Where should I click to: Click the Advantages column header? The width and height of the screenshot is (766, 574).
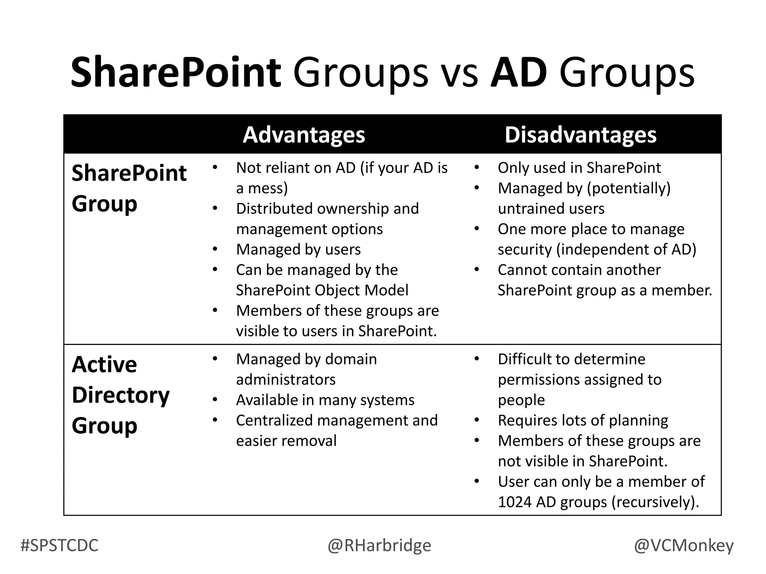coord(304,135)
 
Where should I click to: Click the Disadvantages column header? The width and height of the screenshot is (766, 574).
coord(580,135)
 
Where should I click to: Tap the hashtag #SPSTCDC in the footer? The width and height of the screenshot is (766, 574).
coord(59,546)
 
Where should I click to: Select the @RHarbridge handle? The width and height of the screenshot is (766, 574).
coord(379,546)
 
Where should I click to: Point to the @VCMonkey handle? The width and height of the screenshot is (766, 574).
coord(683,546)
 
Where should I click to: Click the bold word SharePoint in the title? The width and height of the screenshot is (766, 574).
coord(176,72)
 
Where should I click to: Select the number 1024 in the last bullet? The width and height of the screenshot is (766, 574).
coord(514,502)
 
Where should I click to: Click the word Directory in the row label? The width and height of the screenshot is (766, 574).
coord(120,395)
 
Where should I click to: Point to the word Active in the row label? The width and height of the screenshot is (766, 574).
coord(104,364)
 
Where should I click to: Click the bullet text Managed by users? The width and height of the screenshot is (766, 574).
coord(298,250)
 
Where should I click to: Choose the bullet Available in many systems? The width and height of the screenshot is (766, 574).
coord(325,400)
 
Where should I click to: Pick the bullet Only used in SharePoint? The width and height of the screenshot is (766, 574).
coord(579,168)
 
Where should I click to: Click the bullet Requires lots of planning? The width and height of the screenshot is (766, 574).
coord(583,421)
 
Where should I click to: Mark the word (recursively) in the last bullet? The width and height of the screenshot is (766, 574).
coord(655,502)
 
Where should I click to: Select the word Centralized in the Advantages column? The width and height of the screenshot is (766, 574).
coord(275,421)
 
